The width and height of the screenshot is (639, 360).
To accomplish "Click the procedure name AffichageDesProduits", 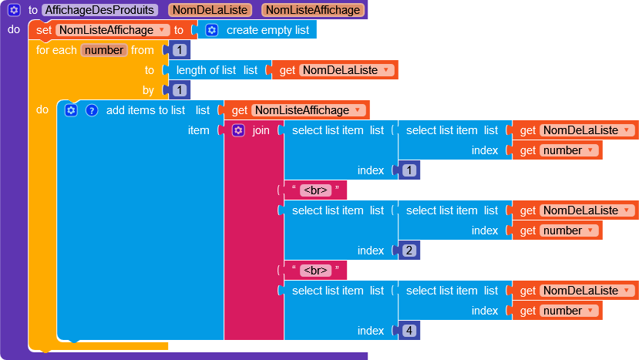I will pos(100,10).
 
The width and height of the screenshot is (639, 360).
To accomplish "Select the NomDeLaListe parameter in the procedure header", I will pos(210,10).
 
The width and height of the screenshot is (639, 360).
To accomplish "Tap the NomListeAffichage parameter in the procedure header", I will pos(313,10).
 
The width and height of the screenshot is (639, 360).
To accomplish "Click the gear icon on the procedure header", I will pos(14,10).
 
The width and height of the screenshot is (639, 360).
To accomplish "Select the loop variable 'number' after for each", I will pos(104,50).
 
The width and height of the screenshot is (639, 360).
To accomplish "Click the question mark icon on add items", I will pos(92,110).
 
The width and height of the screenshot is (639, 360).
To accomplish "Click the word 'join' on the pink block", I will pos(261,130).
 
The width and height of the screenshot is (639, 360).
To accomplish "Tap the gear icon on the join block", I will pos(238,130).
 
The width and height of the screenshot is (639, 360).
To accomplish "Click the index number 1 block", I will pos(409,170).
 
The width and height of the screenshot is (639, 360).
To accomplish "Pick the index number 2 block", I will pos(409,251).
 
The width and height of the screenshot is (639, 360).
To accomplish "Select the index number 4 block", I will pos(409,331).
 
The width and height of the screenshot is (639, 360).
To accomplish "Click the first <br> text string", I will pos(315,190).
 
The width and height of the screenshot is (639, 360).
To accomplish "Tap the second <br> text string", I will pos(315,271).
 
